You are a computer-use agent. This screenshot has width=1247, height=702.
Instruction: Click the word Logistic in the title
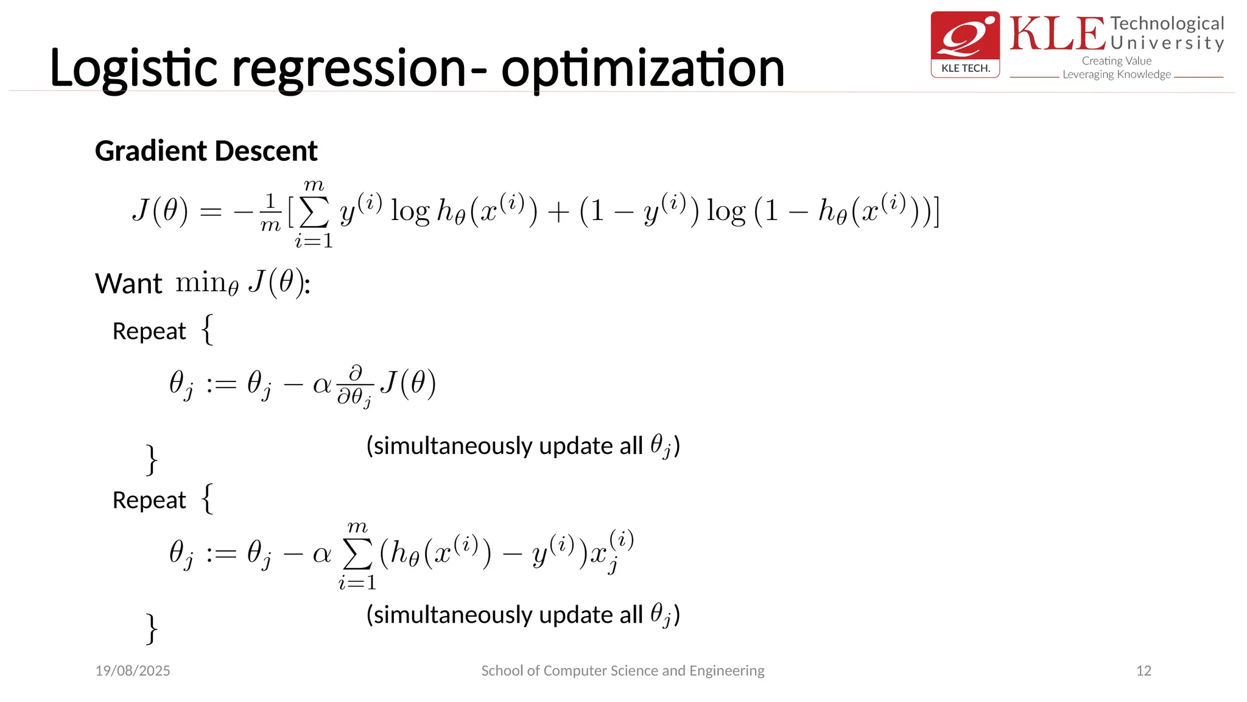tap(133, 68)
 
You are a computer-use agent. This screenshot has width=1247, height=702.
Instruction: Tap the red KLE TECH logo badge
tap(965, 44)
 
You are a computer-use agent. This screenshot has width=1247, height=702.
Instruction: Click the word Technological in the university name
tap(1167, 24)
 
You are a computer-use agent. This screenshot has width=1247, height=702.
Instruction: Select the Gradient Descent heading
tap(206, 151)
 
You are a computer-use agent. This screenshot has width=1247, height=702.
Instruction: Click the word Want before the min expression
tap(128, 284)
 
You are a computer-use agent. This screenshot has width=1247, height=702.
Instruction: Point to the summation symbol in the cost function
tap(314, 213)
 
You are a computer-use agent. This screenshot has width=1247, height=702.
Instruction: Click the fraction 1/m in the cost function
tap(270, 213)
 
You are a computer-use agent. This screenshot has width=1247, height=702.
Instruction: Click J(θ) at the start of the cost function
tap(160, 211)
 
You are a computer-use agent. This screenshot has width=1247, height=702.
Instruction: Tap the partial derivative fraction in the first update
tap(355, 386)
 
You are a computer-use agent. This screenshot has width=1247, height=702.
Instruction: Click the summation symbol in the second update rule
tap(357, 555)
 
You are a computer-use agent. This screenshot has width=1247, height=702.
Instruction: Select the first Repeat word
tap(149, 331)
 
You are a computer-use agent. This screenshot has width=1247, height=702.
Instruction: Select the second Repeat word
tap(149, 500)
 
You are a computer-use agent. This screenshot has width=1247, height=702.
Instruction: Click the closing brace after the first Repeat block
tap(152, 459)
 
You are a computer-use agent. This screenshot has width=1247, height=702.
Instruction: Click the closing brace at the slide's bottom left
tap(152, 628)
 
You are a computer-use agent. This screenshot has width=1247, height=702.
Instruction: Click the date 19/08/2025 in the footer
tap(133, 671)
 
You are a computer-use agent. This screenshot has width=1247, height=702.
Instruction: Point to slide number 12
tap(1143, 671)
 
